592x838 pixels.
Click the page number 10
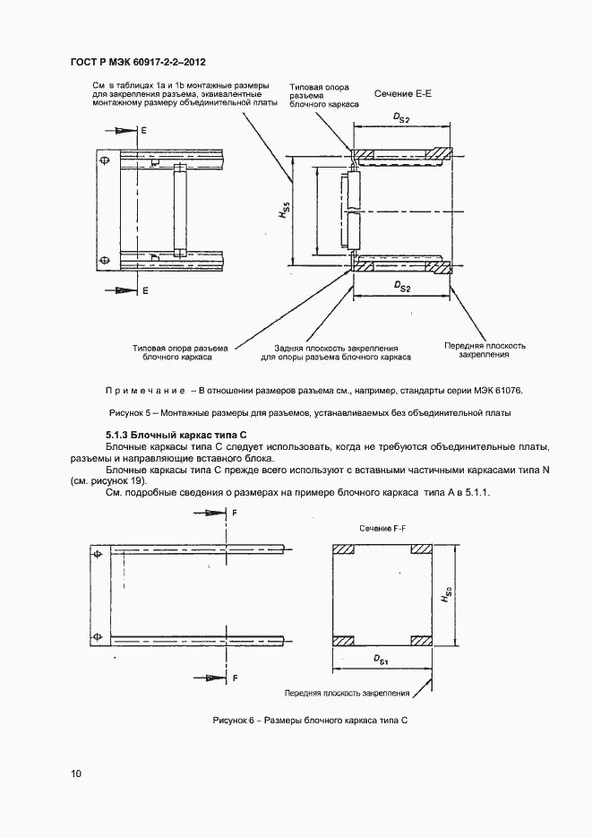(75, 773)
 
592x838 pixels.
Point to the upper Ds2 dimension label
(402, 117)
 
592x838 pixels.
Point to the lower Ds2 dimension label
(402, 286)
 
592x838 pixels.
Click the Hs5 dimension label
(282, 213)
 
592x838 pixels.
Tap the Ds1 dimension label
(381, 661)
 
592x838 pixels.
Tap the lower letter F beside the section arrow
(235, 679)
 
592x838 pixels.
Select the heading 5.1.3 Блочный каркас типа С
(169, 435)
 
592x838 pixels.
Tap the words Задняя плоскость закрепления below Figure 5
(336, 346)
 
